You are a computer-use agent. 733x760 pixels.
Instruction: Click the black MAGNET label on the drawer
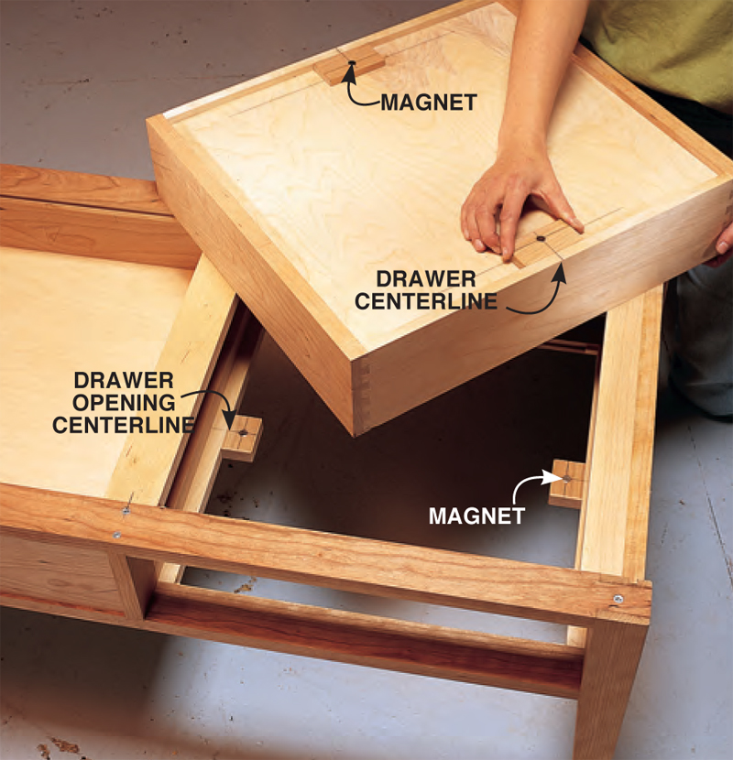coord(429,103)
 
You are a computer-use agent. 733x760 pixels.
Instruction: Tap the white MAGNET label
coord(476,516)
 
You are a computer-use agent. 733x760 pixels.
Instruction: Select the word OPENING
coord(124,403)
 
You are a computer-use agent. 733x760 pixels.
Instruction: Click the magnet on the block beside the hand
coord(540,238)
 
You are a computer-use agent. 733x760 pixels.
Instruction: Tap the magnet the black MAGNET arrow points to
coord(352,63)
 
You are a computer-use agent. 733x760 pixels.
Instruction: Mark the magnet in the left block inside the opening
coord(243,432)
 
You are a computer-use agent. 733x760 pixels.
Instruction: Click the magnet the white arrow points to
coord(566,478)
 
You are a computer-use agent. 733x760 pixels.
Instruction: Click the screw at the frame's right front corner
coord(618,599)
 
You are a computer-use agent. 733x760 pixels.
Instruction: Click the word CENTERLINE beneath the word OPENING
coord(123,425)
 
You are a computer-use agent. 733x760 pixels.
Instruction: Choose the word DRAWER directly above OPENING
coord(124,381)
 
